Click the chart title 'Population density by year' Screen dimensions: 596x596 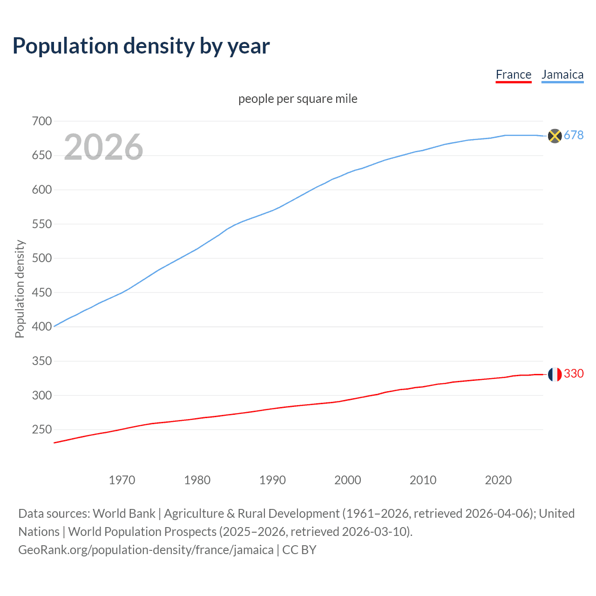coord(141,46)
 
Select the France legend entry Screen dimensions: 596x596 coord(513,75)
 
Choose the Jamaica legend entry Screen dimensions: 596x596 coord(562,75)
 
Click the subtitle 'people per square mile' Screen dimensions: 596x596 coord(298,99)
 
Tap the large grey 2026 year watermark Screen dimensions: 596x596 coord(103,147)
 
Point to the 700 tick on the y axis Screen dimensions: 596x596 coord(41,122)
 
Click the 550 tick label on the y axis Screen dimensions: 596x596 coord(41,224)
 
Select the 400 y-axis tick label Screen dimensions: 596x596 coord(41,327)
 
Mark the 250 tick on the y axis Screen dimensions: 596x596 coord(41,430)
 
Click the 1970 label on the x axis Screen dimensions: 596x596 coord(122,480)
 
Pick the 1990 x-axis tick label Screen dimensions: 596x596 coord(272,480)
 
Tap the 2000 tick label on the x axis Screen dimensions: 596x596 coord(347,480)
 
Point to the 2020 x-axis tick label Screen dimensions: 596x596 coord(498,480)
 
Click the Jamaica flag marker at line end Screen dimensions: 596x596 coord(555,136)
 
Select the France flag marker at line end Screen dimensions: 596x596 coord(555,374)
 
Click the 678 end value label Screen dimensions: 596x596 coord(574,135)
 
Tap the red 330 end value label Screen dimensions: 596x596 coord(574,374)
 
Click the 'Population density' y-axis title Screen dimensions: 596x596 coord(20,289)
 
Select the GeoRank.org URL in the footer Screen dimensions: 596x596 coord(146,550)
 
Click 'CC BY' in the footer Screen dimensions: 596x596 coord(299,550)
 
